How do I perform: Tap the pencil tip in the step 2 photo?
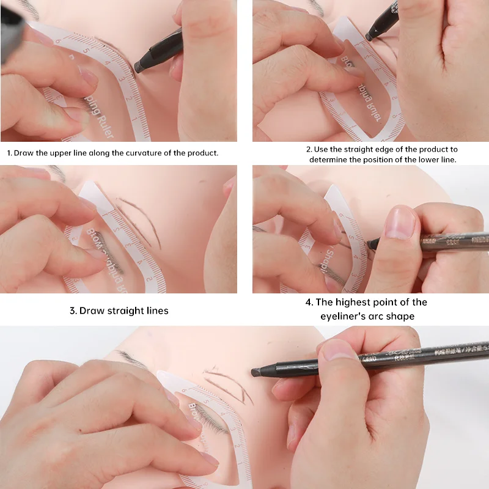[x=369, y=37]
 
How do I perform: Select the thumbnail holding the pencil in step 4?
[x=400, y=224]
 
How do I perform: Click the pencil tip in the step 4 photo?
[x=369, y=244]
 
